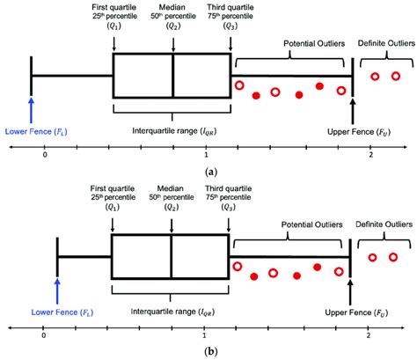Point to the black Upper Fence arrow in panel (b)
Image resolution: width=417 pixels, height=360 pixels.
350,290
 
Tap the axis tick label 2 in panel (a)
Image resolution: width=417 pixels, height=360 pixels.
371,156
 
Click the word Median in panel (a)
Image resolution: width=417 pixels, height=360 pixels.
172,8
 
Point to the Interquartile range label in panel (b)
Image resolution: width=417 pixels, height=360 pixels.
157,312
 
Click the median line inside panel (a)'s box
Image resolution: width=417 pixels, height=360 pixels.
172,77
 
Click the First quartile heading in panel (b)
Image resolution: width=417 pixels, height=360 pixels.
113,188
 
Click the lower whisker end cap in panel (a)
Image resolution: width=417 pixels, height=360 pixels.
31,77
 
